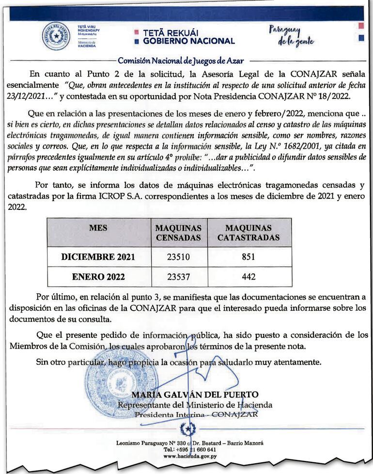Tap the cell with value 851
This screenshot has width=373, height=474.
[248, 257]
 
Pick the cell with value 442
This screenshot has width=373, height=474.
[248, 277]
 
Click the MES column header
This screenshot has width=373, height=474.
[98, 228]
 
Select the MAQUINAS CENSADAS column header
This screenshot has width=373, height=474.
[178, 233]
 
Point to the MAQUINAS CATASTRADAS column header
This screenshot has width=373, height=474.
[248, 233]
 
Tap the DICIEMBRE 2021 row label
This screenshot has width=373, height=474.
[98, 257]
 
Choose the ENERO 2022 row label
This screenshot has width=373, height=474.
[98, 277]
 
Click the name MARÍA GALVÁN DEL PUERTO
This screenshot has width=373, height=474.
[195, 395]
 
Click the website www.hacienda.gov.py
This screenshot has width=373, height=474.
[190, 456]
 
